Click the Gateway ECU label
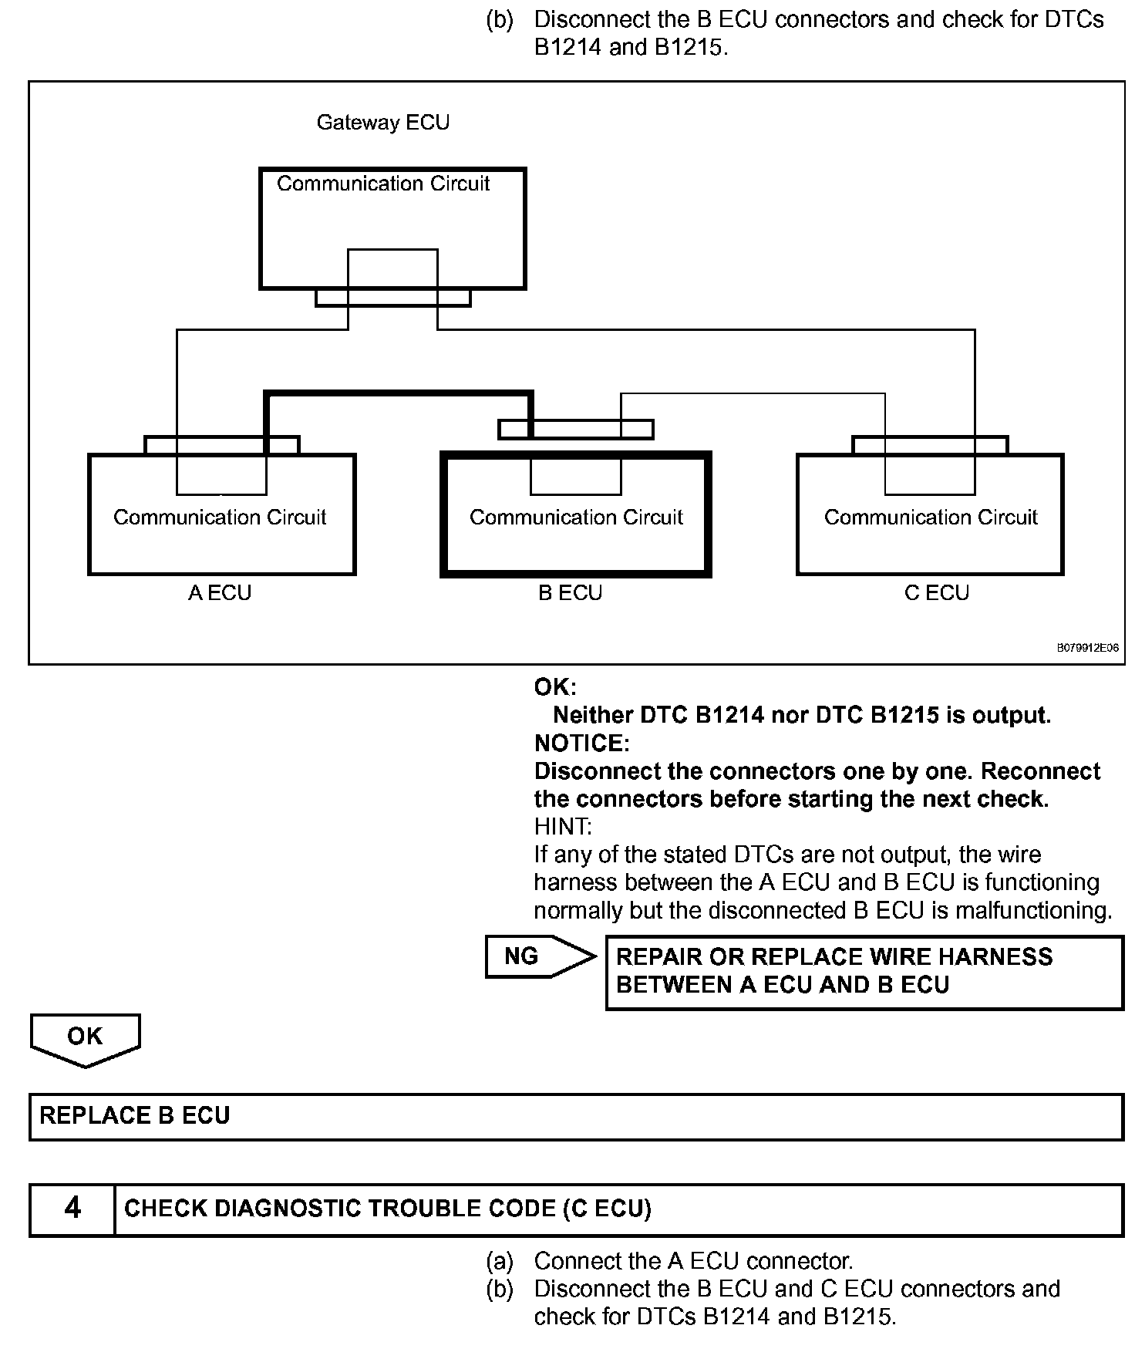click(382, 123)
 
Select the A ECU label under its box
click(220, 593)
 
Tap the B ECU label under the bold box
click(570, 593)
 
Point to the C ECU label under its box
click(936, 593)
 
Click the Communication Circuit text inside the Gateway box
click(383, 184)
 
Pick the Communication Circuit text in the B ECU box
click(576, 517)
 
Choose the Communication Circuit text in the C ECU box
click(931, 517)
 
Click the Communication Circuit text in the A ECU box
click(220, 517)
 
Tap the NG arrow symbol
click(539, 957)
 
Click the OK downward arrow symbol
click(85, 1038)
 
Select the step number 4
click(72, 1208)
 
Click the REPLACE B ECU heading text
click(135, 1116)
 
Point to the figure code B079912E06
click(1087, 649)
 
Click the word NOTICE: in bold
click(581, 744)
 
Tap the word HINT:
click(563, 827)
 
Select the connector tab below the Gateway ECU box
click(392, 298)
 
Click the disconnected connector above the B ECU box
click(575, 429)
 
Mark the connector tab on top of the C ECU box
click(929, 445)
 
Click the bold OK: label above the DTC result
click(555, 687)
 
